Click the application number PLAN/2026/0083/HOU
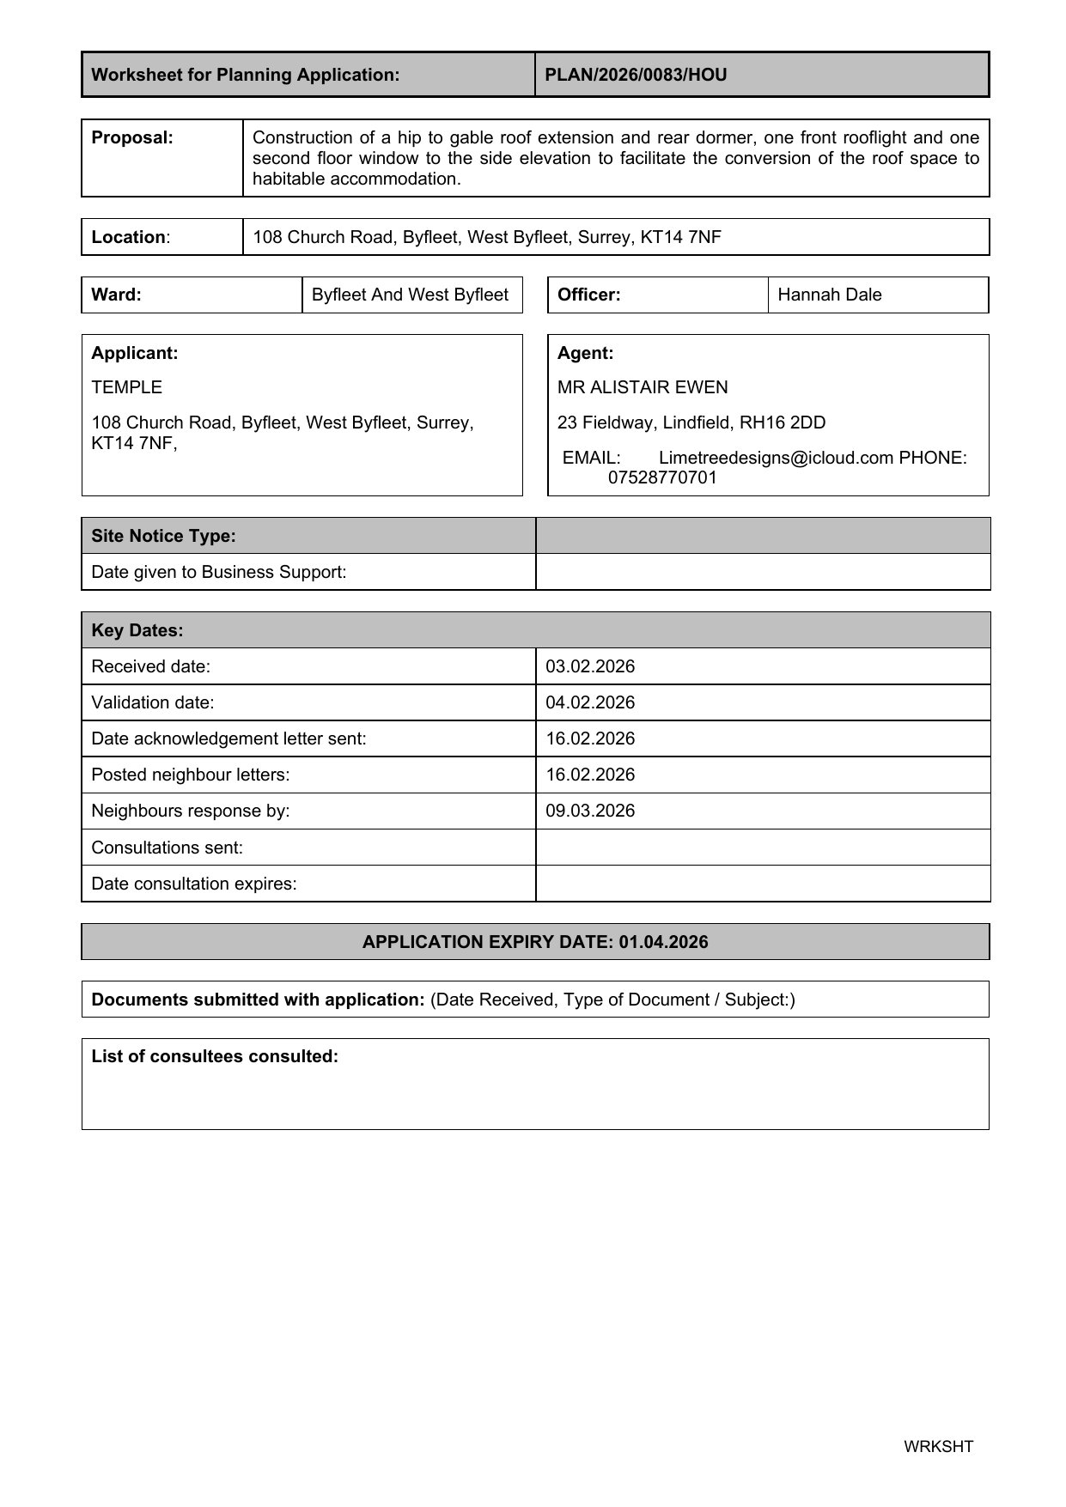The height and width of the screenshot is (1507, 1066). coord(636,75)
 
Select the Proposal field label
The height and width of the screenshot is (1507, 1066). coord(132,137)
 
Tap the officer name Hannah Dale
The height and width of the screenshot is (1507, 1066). coord(829,295)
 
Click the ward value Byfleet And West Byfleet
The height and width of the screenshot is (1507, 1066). coord(410,295)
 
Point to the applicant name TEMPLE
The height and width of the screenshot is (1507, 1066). coord(126,387)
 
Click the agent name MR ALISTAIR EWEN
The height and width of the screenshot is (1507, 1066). coord(642,387)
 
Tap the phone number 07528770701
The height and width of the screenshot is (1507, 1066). coord(661,477)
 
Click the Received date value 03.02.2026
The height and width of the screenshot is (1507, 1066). coord(590,666)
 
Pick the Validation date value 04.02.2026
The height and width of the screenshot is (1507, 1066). coord(590,702)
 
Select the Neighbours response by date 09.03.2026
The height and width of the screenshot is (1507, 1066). coord(590,811)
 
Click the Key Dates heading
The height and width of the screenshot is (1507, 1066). coord(137,630)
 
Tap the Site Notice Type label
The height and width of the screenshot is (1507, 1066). coord(163,536)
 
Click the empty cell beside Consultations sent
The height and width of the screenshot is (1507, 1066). coord(762,848)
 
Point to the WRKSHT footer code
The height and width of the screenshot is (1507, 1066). coord(938,1446)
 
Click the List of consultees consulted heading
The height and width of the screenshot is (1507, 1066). coord(215,1056)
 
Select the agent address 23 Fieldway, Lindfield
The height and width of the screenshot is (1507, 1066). coord(691,422)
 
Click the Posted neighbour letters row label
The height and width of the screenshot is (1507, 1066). coord(190,775)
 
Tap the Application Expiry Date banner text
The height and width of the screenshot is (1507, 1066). coord(535,942)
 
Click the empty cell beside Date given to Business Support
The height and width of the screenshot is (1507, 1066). coord(762,572)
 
